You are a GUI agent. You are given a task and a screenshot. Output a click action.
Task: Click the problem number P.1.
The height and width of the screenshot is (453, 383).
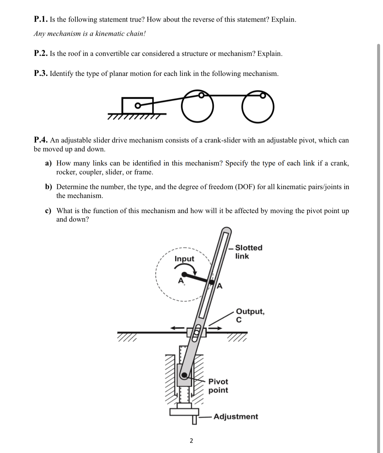(x=41, y=19)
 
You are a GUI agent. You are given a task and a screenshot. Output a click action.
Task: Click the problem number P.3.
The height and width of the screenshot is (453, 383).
(x=41, y=74)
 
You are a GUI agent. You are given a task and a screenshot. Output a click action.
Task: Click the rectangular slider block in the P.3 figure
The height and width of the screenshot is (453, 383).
(x=137, y=105)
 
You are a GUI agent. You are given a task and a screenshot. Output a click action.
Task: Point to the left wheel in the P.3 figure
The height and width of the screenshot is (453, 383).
(x=197, y=106)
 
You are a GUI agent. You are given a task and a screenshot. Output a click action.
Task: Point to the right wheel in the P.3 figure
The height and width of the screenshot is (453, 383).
(x=258, y=107)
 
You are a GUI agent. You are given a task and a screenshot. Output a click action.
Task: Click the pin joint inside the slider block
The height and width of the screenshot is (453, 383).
(x=138, y=105)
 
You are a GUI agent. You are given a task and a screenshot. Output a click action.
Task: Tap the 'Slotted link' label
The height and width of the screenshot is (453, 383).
(x=248, y=252)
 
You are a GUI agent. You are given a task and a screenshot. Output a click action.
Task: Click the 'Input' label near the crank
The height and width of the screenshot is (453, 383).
(x=184, y=259)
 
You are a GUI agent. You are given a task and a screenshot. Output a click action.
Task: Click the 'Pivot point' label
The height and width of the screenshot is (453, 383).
(x=218, y=386)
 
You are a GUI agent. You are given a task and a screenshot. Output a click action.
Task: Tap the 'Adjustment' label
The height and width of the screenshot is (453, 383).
(x=236, y=417)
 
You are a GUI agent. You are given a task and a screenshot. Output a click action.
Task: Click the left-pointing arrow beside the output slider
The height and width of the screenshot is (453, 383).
(x=177, y=328)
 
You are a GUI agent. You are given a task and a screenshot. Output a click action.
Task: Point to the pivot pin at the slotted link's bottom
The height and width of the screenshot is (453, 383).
(x=184, y=375)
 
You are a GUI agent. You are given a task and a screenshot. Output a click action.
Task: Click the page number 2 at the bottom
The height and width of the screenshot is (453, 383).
(x=191, y=441)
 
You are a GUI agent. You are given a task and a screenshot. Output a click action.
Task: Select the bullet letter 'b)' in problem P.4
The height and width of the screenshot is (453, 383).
(x=48, y=187)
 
